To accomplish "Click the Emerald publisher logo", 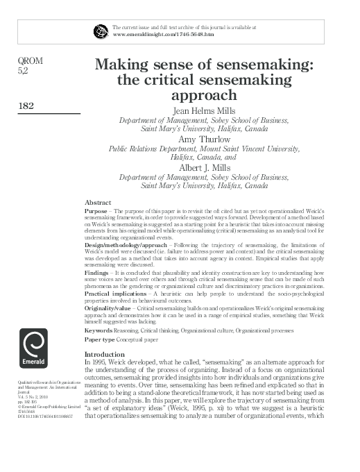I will pyautogui.click(x=34, y=353).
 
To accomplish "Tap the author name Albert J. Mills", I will pyautogui.click(x=204, y=167).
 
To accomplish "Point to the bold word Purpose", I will pyautogui.click(x=96, y=210).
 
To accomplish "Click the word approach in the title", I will pyautogui.click(x=205, y=95).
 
